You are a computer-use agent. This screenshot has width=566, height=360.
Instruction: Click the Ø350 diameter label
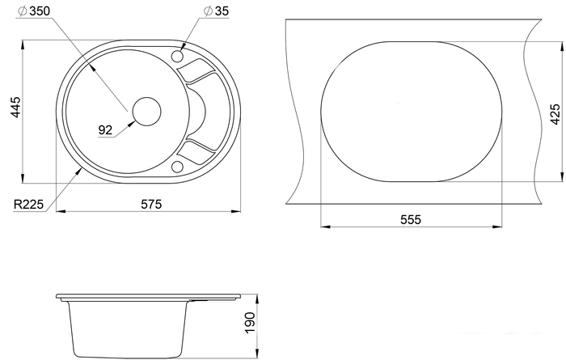click(34, 11)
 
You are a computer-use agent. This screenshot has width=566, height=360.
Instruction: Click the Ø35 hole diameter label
click(216, 11)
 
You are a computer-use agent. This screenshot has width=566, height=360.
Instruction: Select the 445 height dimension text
click(16, 107)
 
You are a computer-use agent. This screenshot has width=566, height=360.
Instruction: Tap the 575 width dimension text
click(151, 205)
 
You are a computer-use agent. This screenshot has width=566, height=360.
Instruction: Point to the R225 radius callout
click(28, 205)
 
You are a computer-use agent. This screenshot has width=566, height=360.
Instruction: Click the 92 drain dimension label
click(105, 130)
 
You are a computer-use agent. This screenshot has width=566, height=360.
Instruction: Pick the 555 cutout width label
click(411, 219)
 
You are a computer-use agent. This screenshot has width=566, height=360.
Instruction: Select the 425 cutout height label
click(555, 114)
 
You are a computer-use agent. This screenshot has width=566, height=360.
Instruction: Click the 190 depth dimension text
click(250, 323)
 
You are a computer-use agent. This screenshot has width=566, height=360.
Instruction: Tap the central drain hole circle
click(146, 112)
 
